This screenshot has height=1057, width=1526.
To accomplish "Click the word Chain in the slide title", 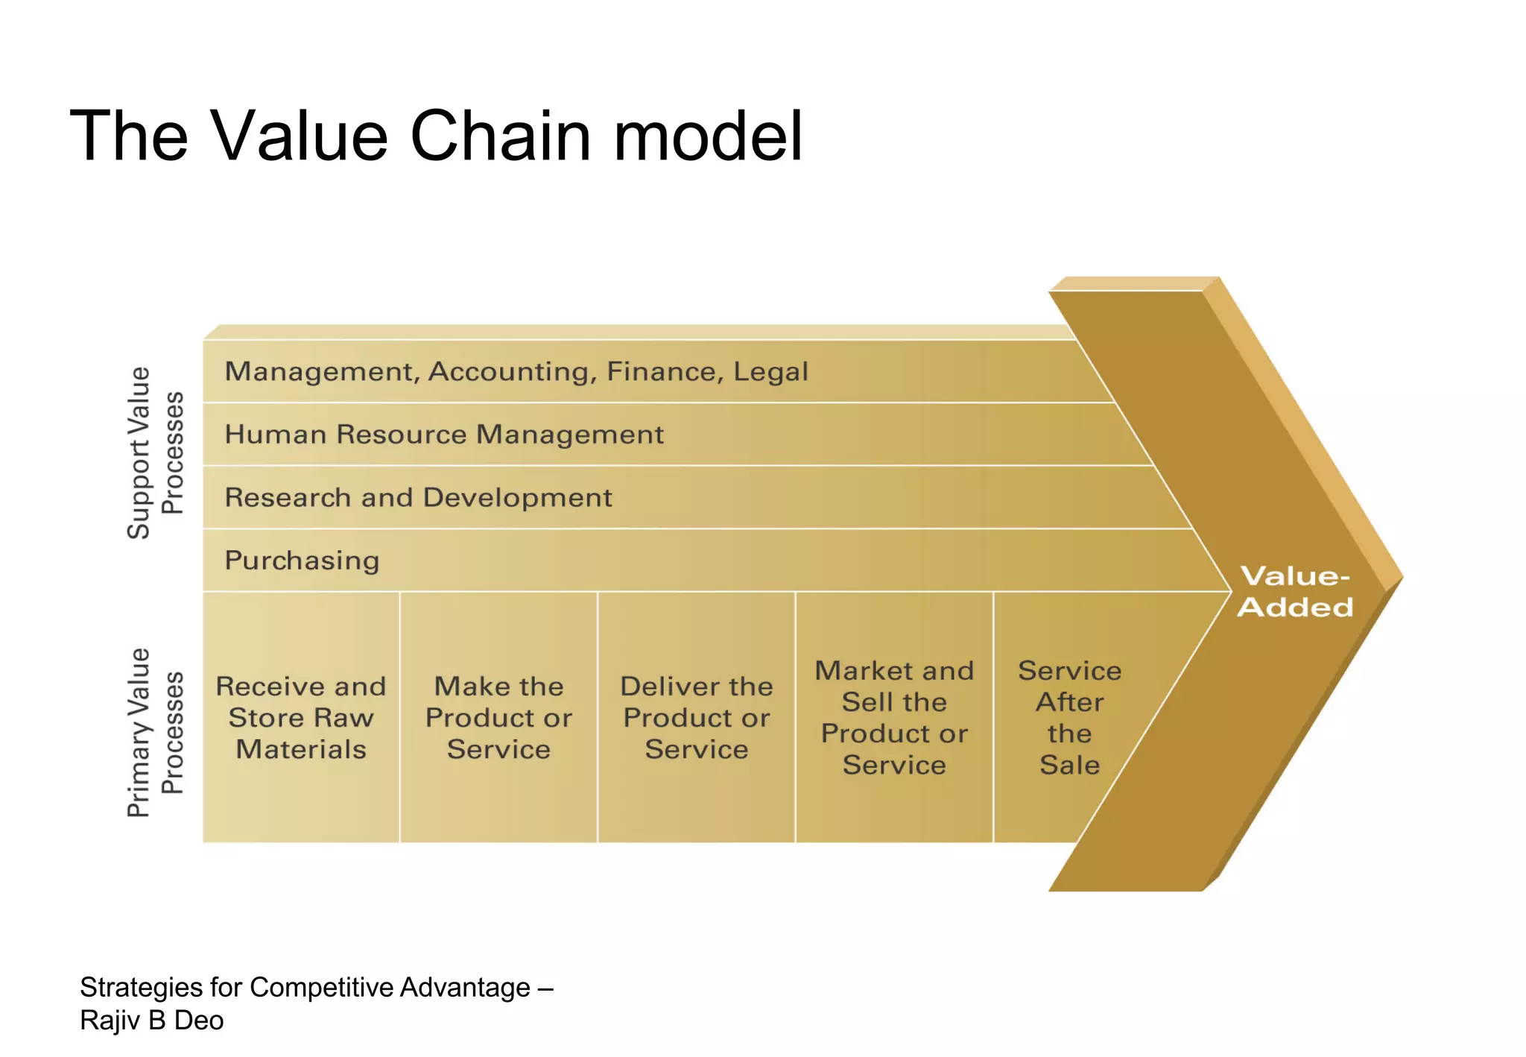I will coord(501,136).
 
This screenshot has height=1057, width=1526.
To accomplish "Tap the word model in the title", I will coord(708,136).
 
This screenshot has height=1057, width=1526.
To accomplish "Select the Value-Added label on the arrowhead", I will coord(1295,592).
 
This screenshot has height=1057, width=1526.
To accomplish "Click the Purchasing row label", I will coord(302,561).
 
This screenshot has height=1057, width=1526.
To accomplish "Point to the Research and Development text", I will coord(418,498).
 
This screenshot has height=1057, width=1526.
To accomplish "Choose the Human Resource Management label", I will coord(444,435).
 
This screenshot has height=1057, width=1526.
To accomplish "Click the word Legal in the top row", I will coord(770,372).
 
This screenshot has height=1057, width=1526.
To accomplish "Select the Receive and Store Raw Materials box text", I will coord(301,718).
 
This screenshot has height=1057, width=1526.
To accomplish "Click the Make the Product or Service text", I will coord(498,718).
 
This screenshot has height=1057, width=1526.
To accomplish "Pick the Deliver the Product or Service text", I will coord(697,718).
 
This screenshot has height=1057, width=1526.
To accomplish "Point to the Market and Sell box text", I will coord(894,718).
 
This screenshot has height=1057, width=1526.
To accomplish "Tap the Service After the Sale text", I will coord(1069,718).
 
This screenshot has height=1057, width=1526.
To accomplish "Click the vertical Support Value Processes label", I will coord(155,452).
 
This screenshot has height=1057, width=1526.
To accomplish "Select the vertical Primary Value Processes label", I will coord(155,733).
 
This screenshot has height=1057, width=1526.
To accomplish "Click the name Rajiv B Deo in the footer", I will coord(152,1020).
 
